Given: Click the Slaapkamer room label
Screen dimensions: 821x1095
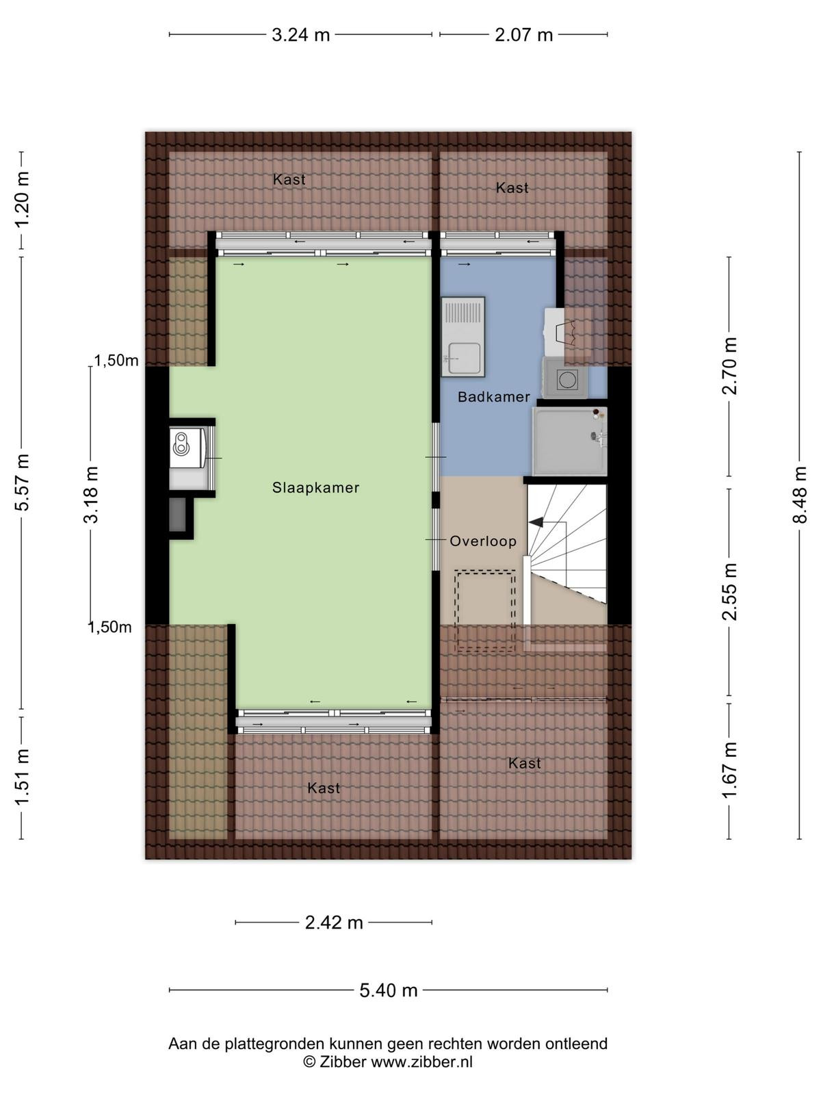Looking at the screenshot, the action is pos(315,487).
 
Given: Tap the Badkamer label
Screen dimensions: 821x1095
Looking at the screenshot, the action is pos(493,396).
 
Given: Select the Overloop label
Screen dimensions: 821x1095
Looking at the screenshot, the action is pos(482,541).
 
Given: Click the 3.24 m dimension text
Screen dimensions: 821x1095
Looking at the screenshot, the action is pos(300,35).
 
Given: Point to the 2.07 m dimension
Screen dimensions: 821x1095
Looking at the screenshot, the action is pos(523,35).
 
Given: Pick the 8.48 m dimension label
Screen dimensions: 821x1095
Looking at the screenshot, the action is pos(800,494).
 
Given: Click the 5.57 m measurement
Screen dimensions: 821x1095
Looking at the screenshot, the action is pos(22,482).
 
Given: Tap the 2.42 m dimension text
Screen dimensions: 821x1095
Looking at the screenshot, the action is pos(333,923).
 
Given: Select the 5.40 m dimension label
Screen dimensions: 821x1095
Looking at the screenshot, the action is pos(389,990).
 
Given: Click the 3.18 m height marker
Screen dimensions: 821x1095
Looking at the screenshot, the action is pos(91,494).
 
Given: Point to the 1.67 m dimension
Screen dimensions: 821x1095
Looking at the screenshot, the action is pos(729,770).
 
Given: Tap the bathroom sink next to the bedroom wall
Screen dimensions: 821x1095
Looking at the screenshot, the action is pos(462,337).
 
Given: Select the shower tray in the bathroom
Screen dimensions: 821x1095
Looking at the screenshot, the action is pos(569,441).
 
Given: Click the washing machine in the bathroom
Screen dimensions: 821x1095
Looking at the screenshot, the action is pos(565,378).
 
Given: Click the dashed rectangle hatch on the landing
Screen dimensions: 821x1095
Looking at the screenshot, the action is pos(485,612).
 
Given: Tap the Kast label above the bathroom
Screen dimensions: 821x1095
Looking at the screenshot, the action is pos(512,188).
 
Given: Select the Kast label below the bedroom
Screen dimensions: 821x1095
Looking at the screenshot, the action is pos(324,788).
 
